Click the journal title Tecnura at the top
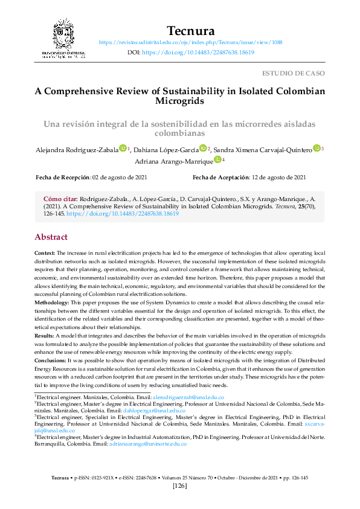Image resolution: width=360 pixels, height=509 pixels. coord(190,30)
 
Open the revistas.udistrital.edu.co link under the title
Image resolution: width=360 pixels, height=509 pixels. coord(190,42)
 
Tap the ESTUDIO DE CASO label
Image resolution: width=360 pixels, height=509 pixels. coord(293,73)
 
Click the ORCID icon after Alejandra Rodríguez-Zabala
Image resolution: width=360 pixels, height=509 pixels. coord(123,148)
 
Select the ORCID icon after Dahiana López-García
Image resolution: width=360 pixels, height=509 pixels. coord(203,148)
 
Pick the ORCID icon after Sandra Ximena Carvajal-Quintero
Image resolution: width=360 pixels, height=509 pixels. coord(317,148)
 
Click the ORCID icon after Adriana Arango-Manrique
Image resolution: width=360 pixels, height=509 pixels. coord(218,160)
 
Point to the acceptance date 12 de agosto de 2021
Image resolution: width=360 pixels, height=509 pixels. coord(278,177)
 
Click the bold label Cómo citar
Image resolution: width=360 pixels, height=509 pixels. coord(60,198)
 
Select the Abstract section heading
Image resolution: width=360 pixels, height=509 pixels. coord(51,237)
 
